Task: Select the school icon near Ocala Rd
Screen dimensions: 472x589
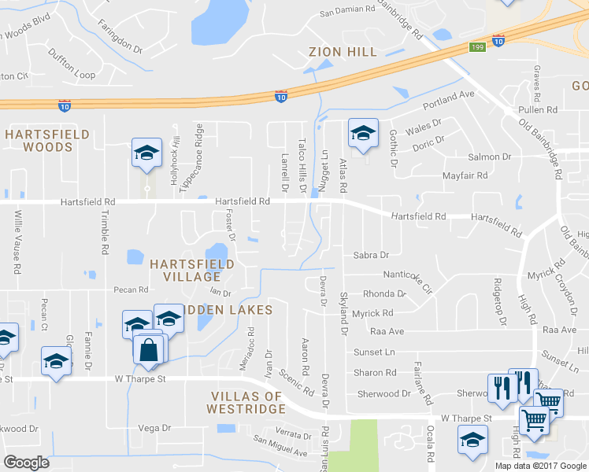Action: pyautogui.click(x=472, y=440)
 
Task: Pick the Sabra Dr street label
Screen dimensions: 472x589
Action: pyautogui.click(x=371, y=255)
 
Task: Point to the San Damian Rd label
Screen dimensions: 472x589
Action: pyautogui.click(x=347, y=10)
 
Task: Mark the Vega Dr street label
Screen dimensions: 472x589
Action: pyautogui.click(x=154, y=428)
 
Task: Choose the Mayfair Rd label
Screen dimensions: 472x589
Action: pyautogui.click(x=465, y=176)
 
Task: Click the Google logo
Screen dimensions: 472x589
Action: pyautogui.click(x=26, y=463)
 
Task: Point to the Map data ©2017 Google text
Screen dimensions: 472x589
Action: pyautogui.click(x=540, y=466)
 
